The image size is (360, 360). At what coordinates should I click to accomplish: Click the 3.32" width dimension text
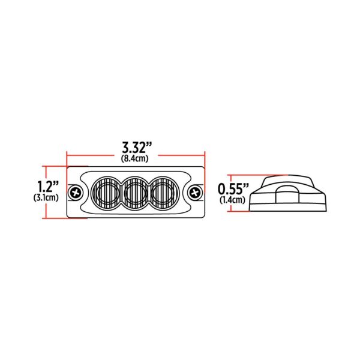pyautogui.click(x=136, y=146)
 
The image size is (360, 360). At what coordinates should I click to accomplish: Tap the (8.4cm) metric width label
pyautogui.click(x=136, y=158)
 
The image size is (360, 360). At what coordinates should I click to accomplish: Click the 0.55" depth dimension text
pyautogui.click(x=231, y=187)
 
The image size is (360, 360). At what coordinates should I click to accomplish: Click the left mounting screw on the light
pyautogui.click(x=76, y=193)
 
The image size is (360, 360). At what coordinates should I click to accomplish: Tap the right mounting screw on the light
pyautogui.click(x=196, y=193)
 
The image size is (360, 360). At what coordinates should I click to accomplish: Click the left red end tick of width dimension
pyautogui.click(x=67, y=154)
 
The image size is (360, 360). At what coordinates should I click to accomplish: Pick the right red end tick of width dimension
pyautogui.click(x=206, y=154)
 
